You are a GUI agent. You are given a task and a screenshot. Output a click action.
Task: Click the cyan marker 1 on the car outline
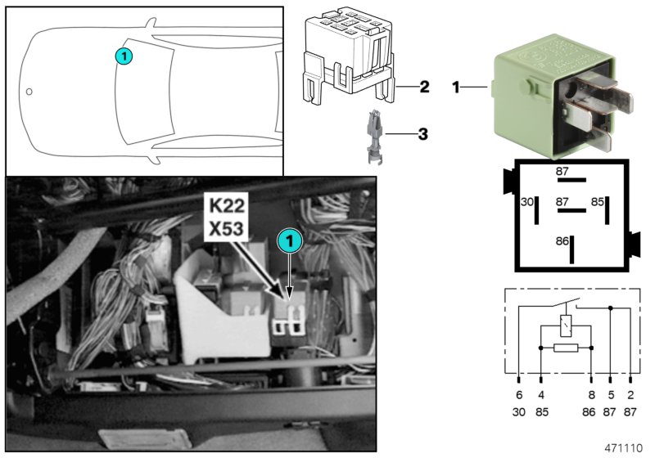123,56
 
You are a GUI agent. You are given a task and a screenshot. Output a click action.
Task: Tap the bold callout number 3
422,132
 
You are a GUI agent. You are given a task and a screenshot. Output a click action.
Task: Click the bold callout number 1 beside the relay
456,86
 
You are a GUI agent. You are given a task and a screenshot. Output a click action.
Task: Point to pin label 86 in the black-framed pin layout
562,241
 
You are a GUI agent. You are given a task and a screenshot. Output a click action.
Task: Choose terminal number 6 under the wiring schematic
519,394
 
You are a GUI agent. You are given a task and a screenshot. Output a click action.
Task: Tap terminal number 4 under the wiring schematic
541,394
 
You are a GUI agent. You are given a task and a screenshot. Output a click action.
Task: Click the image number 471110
625,447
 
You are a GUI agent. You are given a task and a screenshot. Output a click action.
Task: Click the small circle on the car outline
29,91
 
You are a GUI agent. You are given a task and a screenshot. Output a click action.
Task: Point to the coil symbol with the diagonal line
565,325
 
